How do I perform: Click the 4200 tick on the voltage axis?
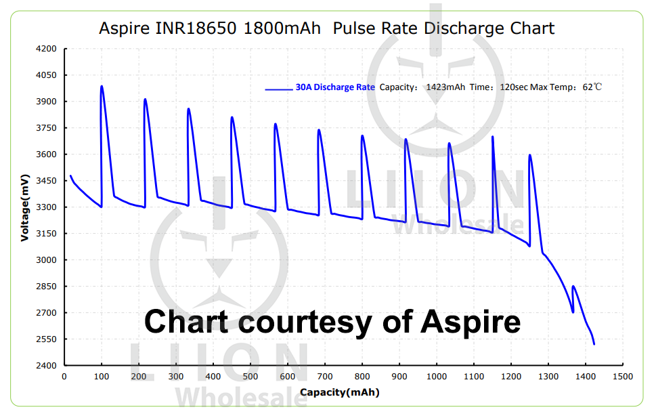[x=47, y=49]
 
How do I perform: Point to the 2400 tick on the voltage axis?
[x=47, y=366]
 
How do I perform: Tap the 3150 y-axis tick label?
[x=47, y=234]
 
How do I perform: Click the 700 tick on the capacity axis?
[x=325, y=377]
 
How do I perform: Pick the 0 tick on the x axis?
[x=64, y=377]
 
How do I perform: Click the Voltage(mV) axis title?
[x=24, y=207]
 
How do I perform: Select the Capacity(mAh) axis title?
[x=339, y=392]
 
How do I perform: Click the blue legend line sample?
[x=279, y=88]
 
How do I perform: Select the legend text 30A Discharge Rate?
[x=335, y=87]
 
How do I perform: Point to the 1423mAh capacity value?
[x=445, y=87]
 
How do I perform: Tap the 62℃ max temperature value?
[x=592, y=87]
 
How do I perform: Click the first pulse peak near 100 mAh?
[x=102, y=86]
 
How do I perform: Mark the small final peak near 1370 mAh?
[x=574, y=287]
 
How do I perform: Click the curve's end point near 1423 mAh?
[x=594, y=344]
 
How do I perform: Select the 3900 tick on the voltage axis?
[x=47, y=102]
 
